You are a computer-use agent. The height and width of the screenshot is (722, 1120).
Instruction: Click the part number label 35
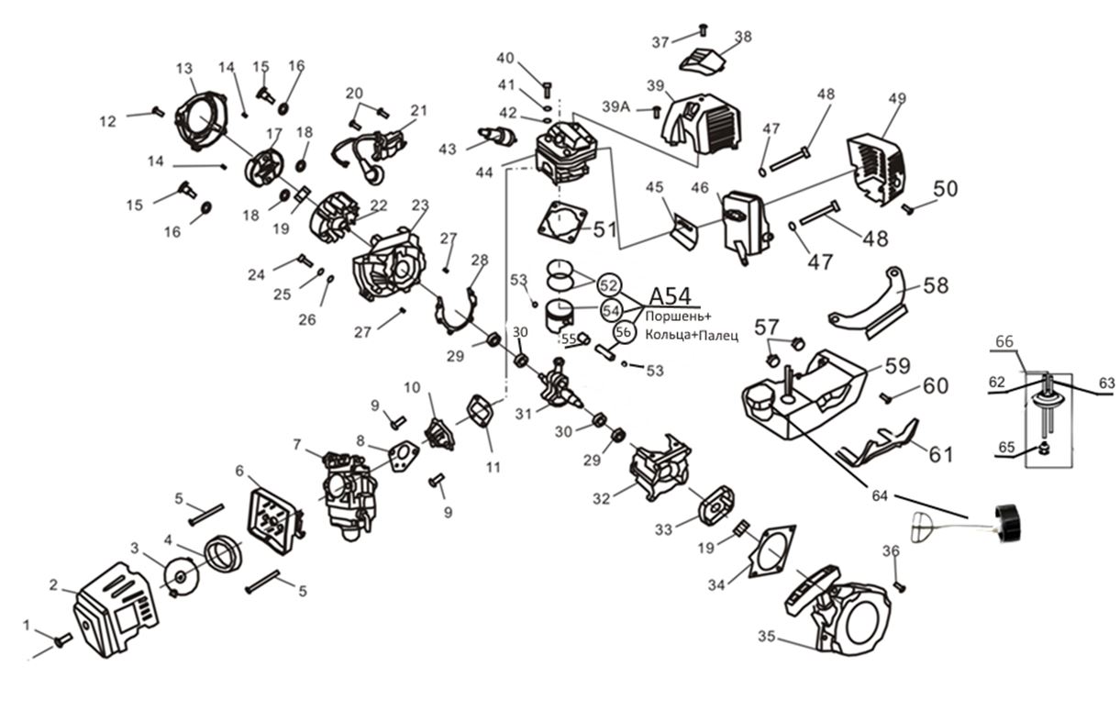pos(768,635)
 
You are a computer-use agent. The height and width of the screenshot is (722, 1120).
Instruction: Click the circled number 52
pos(609,285)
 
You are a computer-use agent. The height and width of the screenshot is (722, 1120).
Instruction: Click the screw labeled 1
pos(62,639)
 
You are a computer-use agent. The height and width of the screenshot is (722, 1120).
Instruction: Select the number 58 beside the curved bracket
pos(936,286)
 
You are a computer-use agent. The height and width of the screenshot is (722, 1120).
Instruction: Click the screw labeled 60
pos(886,397)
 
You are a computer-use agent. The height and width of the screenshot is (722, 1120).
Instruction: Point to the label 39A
pos(616,107)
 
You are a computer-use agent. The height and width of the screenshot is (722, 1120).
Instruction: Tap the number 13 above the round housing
pos(184,69)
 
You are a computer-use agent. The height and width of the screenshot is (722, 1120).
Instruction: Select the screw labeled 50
pos(908,208)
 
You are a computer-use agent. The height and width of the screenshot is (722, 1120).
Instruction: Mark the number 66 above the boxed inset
pos(1005,341)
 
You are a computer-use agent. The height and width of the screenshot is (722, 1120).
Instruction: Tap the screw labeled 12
pos(155,112)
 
